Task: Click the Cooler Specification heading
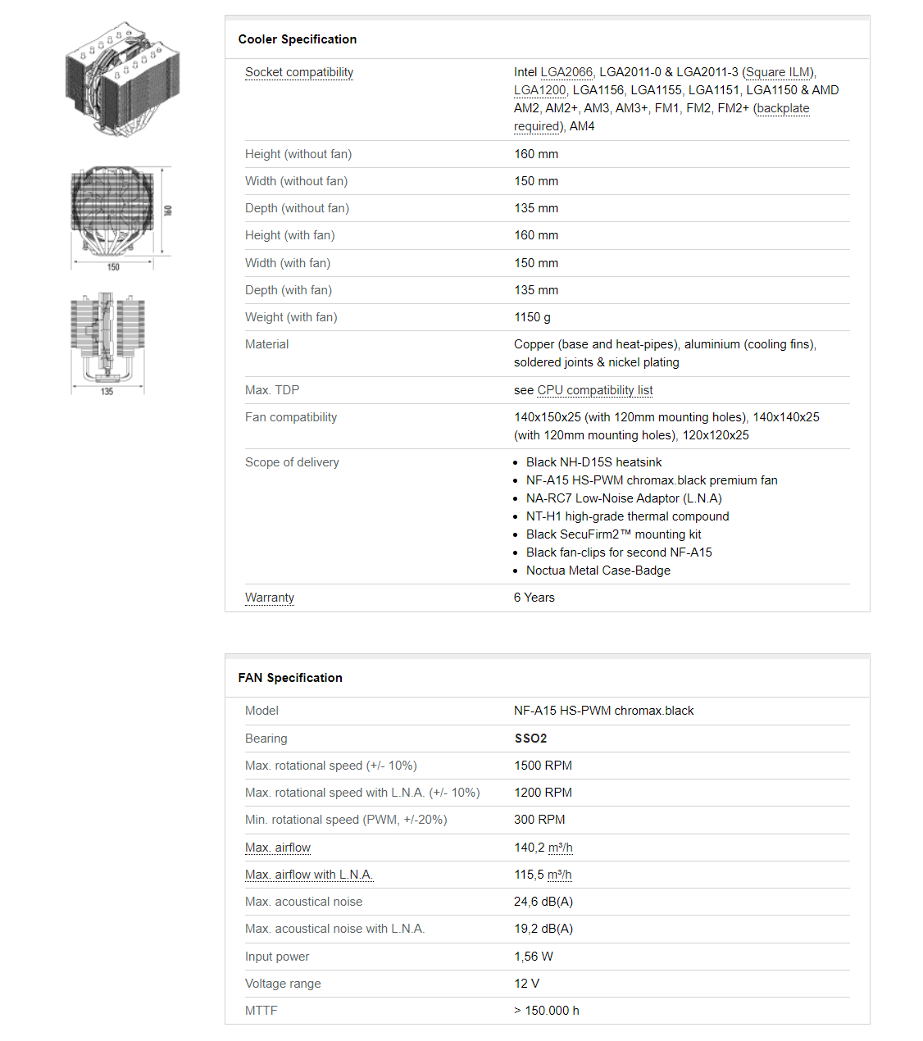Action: pyautogui.click(x=297, y=39)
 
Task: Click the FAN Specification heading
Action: pyautogui.click(x=290, y=678)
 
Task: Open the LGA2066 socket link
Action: pyautogui.click(x=566, y=72)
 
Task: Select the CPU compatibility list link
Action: pyautogui.click(x=595, y=390)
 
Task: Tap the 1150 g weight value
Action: pyautogui.click(x=532, y=317)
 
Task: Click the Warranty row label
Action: pyautogui.click(x=269, y=598)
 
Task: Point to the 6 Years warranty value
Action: pyautogui.click(x=534, y=598)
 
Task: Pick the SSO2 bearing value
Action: pyautogui.click(x=530, y=739)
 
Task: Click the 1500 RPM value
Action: pyautogui.click(x=543, y=766)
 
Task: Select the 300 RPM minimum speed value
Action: pyautogui.click(x=539, y=820)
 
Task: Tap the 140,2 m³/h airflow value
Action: pyautogui.click(x=543, y=848)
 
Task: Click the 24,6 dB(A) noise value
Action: pyautogui.click(x=543, y=902)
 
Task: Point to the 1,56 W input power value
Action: pyautogui.click(x=533, y=957)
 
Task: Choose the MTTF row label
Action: pyautogui.click(x=261, y=1011)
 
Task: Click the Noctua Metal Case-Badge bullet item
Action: pyautogui.click(x=598, y=571)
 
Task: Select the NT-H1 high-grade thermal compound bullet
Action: pyautogui.click(x=627, y=516)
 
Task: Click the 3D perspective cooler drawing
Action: pyautogui.click(x=122, y=80)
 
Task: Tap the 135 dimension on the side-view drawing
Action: pyautogui.click(x=107, y=392)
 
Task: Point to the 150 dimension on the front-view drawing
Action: pyautogui.click(x=113, y=267)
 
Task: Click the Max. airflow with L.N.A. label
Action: pyautogui.click(x=308, y=875)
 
